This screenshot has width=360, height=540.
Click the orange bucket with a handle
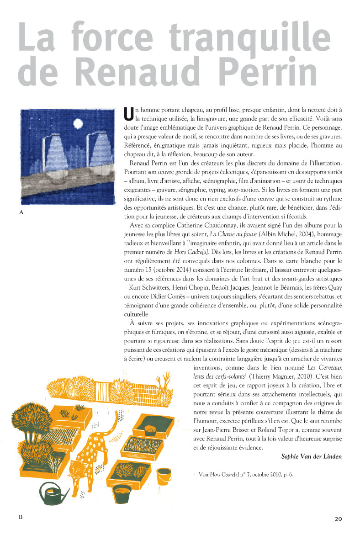[x=164, y=475]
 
